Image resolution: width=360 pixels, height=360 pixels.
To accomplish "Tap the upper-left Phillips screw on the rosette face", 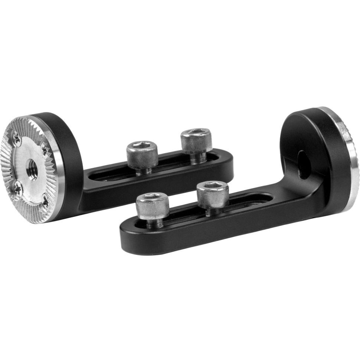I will (15, 139).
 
